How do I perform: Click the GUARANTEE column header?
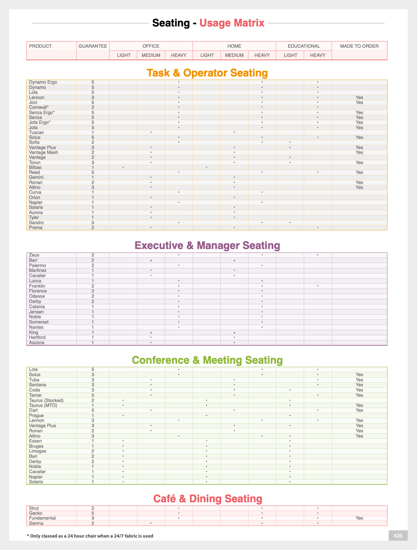(x=93, y=46)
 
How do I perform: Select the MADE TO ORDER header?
(x=359, y=46)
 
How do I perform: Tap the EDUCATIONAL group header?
(x=304, y=46)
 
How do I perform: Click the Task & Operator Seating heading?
(x=207, y=73)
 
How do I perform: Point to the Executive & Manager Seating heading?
(x=207, y=245)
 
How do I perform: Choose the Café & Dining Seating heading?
(x=208, y=499)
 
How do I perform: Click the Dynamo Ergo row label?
(x=43, y=82)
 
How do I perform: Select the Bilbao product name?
(x=35, y=168)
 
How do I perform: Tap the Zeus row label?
(x=34, y=255)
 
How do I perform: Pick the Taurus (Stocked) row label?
(x=46, y=400)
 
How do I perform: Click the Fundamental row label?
(x=42, y=518)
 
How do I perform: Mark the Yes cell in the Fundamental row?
(x=359, y=518)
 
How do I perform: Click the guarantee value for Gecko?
(x=93, y=513)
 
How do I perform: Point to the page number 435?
(x=398, y=536)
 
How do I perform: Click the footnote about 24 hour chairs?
(x=90, y=536)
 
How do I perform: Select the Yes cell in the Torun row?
(x=359, y=162)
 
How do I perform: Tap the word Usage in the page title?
(x=214, y=23)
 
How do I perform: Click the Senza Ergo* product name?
(x=42, y=112)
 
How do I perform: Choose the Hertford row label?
(x=37, y=337)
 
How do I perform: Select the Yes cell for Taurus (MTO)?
(x=359, y=405)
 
